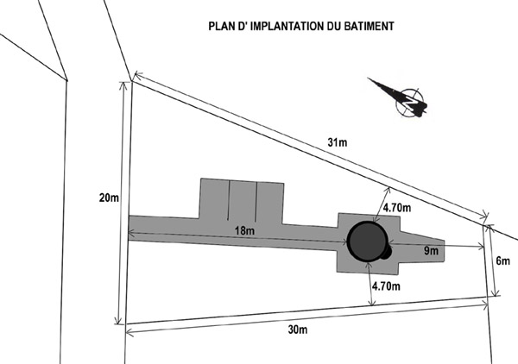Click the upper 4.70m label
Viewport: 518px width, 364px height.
coord(396,207)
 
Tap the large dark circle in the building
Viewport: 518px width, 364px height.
coord(367,242)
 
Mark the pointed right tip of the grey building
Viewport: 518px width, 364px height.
coord(445,242)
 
